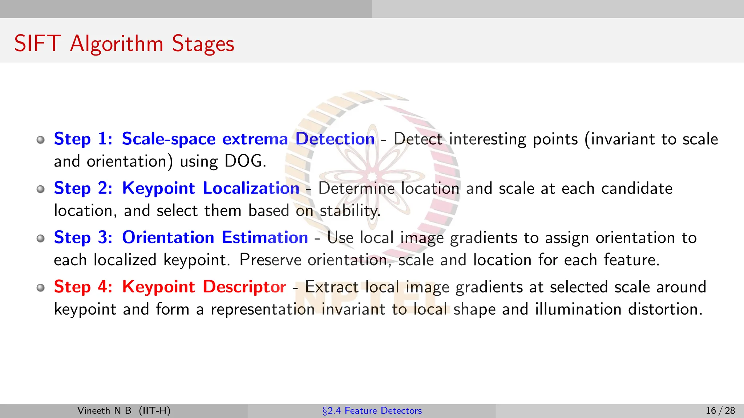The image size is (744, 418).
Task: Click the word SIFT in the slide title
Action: (x=37, y=44)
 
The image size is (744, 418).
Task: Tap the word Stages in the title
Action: (x=203, y=44)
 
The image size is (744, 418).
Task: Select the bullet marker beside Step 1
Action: (x=41, y=140)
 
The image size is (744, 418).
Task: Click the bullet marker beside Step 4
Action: (x=41, y=288)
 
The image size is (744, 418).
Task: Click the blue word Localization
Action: (x=251, y=188)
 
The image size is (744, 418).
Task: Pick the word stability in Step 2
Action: (x=350, y=211)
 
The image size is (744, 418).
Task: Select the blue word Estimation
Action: (x=265, y=238)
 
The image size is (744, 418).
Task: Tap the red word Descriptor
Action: (x=244, y=287)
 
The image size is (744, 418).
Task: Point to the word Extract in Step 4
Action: (x=332, y=287)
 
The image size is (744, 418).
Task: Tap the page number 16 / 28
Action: (x=720, y=411)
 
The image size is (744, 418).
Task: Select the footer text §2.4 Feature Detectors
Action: (x=372, y=411)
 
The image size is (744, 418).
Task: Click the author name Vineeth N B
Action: (x=104, y=411)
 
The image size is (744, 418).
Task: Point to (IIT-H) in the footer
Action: (x=154, y=411)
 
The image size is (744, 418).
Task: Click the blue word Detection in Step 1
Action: (x=335, y=139)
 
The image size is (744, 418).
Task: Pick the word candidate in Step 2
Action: (x=636, y=189)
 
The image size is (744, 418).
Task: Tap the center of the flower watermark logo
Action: (x=372, y=177)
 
